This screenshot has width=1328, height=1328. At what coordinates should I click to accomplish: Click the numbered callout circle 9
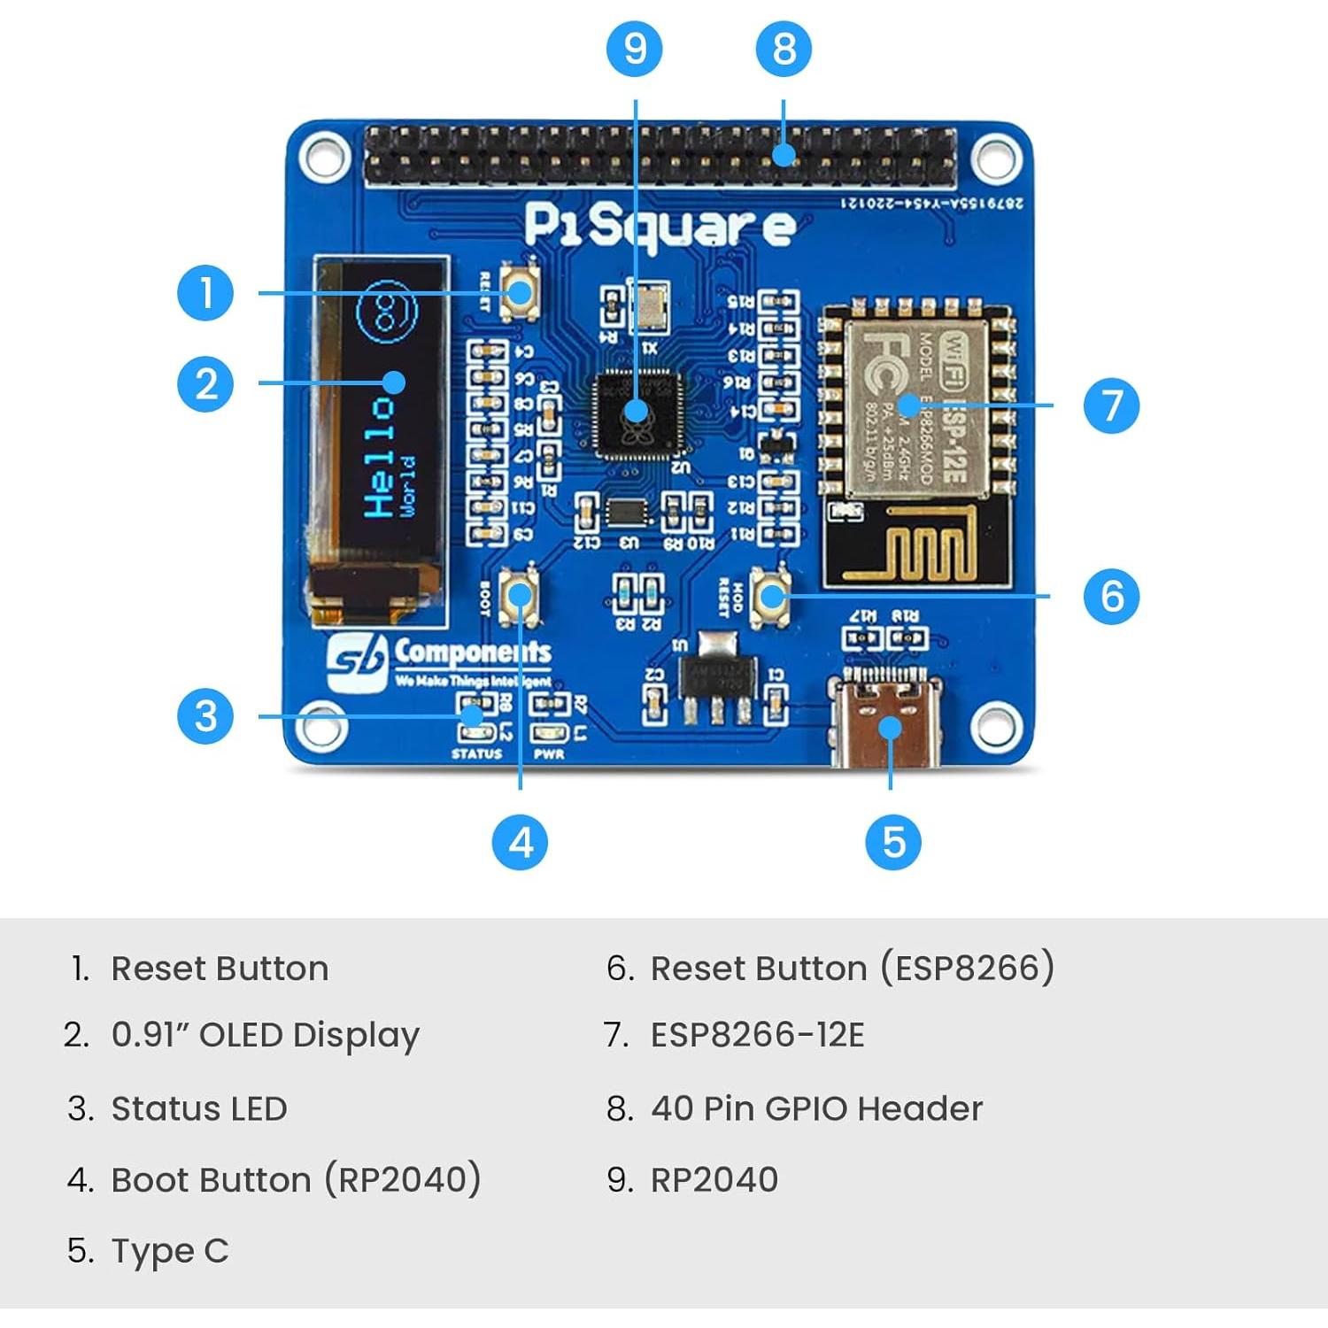click(635, 48)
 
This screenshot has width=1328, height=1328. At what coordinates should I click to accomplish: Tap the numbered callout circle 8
click(784, 48)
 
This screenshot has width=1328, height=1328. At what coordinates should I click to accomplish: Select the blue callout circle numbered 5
click(892, 841)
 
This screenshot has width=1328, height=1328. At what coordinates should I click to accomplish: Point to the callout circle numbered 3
click(205, 715)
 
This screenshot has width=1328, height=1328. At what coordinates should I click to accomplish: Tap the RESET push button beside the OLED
click(520, 291)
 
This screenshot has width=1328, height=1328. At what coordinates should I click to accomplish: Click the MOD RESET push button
click(771, 596)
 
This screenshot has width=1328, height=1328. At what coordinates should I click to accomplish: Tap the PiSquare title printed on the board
click(659, 226)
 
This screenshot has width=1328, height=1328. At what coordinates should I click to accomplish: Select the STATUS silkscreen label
click(476, 754)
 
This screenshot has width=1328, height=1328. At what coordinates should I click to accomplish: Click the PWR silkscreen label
click(549, 754)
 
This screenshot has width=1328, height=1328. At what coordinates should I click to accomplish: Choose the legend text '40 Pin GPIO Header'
click(816, 1108)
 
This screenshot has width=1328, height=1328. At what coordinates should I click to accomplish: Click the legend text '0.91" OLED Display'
click(265, 1035)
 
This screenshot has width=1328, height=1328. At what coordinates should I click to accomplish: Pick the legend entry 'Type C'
click(169, 1251)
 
